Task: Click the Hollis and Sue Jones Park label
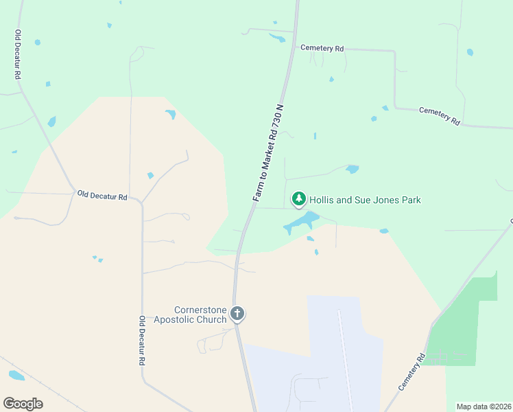click(x=364, y=200)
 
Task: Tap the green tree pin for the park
click(x=299, y=199)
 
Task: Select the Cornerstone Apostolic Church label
click(x=190, y=314)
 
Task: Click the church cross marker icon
click(x=237, y=314)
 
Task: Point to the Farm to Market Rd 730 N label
click(x=268, y=153)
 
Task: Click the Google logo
click(x=23, y=404)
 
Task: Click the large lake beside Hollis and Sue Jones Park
click(x=302, y=221)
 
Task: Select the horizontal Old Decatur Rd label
click(x=102, y=196)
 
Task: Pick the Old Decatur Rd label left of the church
click(x=142, y=341)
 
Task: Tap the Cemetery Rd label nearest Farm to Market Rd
click(x=322, y=48)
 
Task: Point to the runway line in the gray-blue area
click(x=346, y=357)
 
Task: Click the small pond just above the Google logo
click(x=16, y=376)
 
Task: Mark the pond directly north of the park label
click(x=353, y=169)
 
